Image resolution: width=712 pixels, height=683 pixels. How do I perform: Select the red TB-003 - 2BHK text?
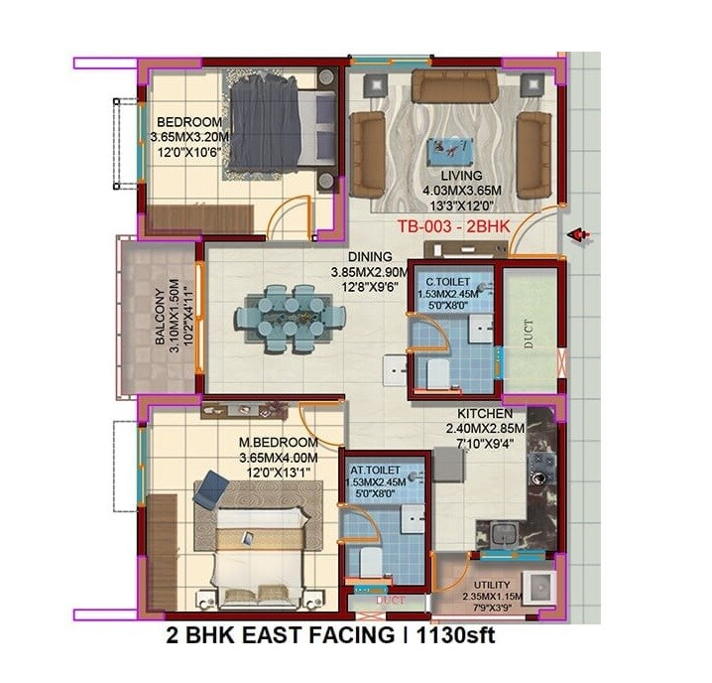coord(453,226)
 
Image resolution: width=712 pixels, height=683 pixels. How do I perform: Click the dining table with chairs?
coord(290,319)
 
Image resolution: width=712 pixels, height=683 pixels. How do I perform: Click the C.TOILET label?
coord(451,281)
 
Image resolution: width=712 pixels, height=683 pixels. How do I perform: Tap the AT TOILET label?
coord(376,469)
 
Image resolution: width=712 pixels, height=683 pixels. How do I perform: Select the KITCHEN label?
coord(484,413)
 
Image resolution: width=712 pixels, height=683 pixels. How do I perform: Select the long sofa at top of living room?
coord(454,86)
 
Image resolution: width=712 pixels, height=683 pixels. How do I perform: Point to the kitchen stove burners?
coord(542,464)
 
